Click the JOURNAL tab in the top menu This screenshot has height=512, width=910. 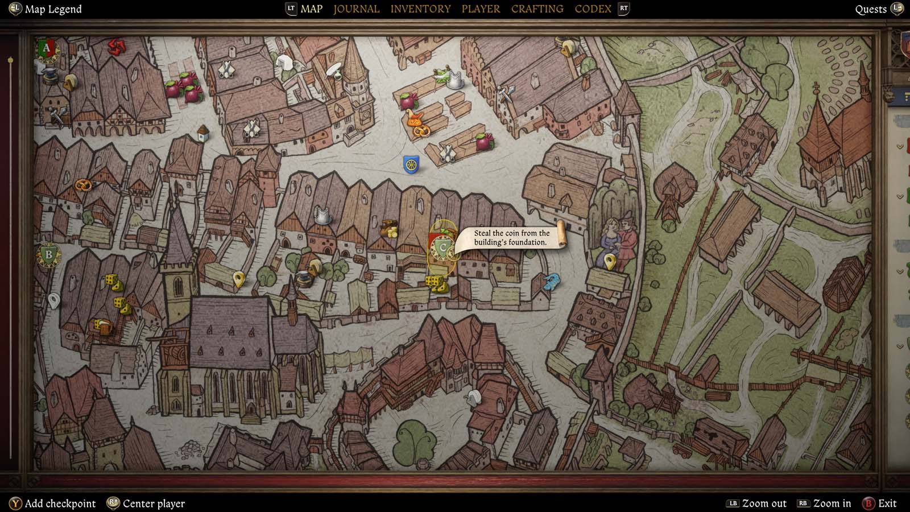(356, 9)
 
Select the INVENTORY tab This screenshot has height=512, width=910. (420, 9)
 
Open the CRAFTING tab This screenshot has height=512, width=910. (537, 9)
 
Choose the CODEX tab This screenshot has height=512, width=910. (593, 9)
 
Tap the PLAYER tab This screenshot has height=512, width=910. (481, 9)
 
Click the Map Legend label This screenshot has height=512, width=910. (53, 9)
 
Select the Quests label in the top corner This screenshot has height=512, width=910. (871, 9)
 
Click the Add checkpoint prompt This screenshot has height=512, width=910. (60, 503)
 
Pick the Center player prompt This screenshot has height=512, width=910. (154, 503)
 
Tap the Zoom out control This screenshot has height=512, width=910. (764, 503)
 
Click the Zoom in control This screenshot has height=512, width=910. (832, 503)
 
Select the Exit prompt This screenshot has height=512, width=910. (887, 503)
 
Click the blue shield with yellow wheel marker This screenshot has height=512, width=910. (411, 164)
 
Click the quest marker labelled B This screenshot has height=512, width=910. (48, 255)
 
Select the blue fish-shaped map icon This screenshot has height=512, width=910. (551, 282)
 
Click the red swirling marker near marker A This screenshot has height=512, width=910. (117, 46)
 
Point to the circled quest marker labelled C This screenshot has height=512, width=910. (442, 248)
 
